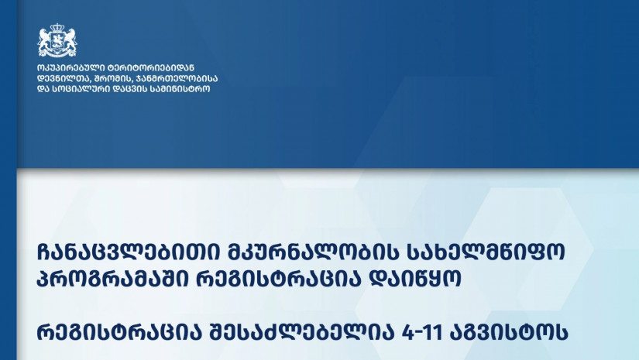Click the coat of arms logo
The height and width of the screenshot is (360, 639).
[57, 40]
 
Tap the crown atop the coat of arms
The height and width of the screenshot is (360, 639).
[57, 28]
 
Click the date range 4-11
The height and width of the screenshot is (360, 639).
[422, 333]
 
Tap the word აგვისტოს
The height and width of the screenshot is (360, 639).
[509, 333]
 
